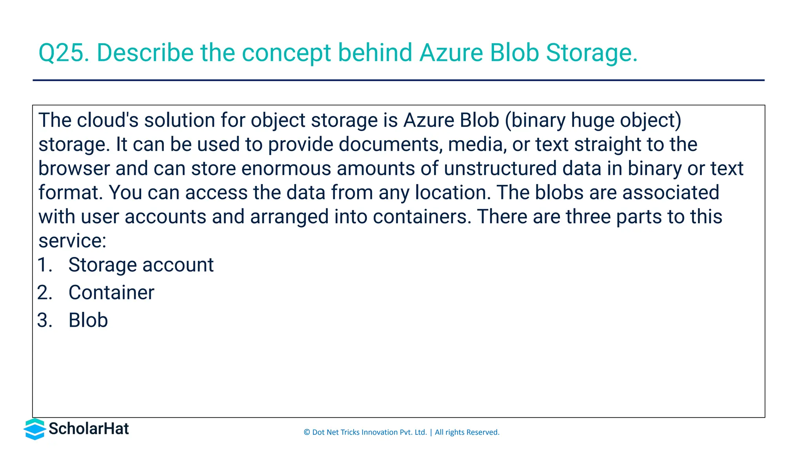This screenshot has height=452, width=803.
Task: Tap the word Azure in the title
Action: point(451,53)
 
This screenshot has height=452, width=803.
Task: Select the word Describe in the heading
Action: point(145,53)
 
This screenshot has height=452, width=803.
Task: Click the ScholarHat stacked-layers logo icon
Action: point(35,429)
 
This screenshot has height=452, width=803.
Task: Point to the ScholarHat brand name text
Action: point(89,429)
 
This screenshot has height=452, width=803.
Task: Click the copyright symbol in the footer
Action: point(307,432)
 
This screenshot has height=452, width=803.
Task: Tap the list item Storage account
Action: point(141,265)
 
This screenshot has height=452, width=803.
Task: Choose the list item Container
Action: point(111,293)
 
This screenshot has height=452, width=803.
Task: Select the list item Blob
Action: point(88,320)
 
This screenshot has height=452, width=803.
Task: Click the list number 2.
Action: point(45,293)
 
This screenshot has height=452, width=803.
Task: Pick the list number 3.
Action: point(45,320)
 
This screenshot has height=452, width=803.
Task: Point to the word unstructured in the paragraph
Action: point(500,169)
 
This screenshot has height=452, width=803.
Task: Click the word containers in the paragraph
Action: point(422,217)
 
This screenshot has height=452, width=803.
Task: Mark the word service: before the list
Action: point(73,241)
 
